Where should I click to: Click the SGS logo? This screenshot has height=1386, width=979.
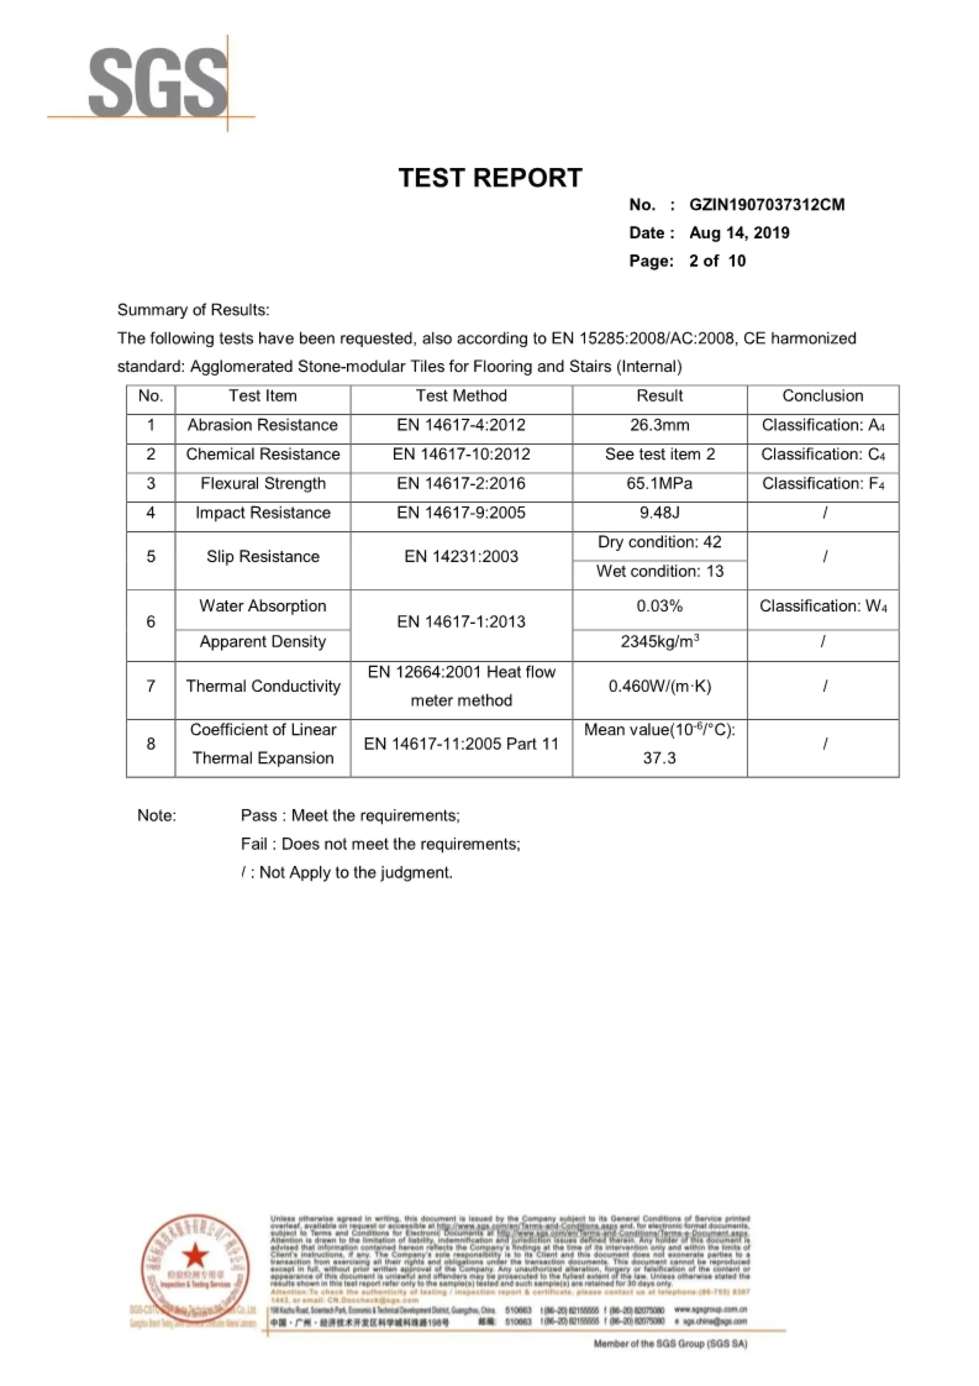[158, 82]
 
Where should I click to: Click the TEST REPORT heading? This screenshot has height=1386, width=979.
[490, 178]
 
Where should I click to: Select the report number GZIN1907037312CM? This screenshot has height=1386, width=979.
[766, 205]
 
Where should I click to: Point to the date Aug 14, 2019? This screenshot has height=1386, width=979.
[739, 233]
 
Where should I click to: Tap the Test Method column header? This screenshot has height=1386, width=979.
[461, 396]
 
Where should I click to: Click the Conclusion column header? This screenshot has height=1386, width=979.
[822, 396]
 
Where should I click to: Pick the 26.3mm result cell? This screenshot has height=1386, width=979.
[659, 425]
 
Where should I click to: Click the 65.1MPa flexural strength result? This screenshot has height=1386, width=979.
[659, 483]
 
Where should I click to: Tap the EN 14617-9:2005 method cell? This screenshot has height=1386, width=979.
[461, 513]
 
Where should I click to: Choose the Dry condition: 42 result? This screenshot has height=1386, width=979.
[659, 542]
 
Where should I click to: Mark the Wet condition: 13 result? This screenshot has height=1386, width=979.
[659, 571]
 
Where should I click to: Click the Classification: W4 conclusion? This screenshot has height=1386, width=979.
[823, 606]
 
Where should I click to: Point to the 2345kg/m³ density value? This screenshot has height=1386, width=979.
[659, 641]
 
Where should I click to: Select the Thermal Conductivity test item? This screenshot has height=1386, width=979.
[262, 687]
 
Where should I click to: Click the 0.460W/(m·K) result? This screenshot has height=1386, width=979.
[659, 687]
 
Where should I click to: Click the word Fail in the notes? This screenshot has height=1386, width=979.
[253, 844]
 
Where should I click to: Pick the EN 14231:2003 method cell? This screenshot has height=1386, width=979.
[461, 557]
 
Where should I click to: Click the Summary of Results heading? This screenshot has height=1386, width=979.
[193, 310]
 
